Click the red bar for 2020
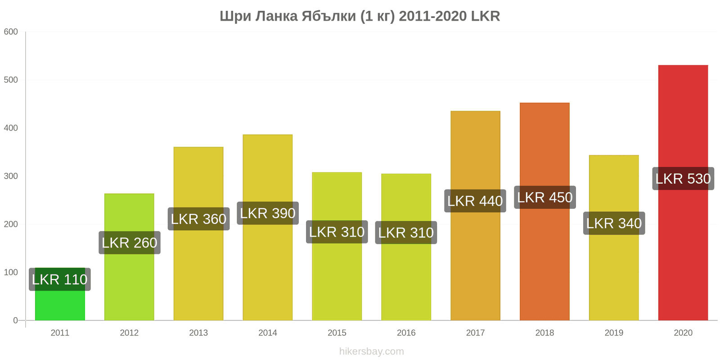(683, 193)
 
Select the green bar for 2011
(60, 294)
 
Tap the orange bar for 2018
(544, 212)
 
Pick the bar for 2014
(268, 228)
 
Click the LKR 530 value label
(683, 179)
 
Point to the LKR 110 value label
(60, 279)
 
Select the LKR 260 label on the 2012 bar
(130, 243)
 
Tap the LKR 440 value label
(475, 201)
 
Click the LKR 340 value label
(614, 223)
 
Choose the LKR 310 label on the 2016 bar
(406, 232)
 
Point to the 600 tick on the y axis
(11, 32)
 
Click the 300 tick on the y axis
(11, 176)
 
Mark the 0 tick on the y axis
(15, 320)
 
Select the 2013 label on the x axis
(198, 333)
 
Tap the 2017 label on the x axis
(475, 333)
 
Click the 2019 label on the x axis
(614, 333)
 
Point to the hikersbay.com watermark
(372, 351)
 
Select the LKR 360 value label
(198, 219)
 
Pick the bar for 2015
(337, 247)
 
